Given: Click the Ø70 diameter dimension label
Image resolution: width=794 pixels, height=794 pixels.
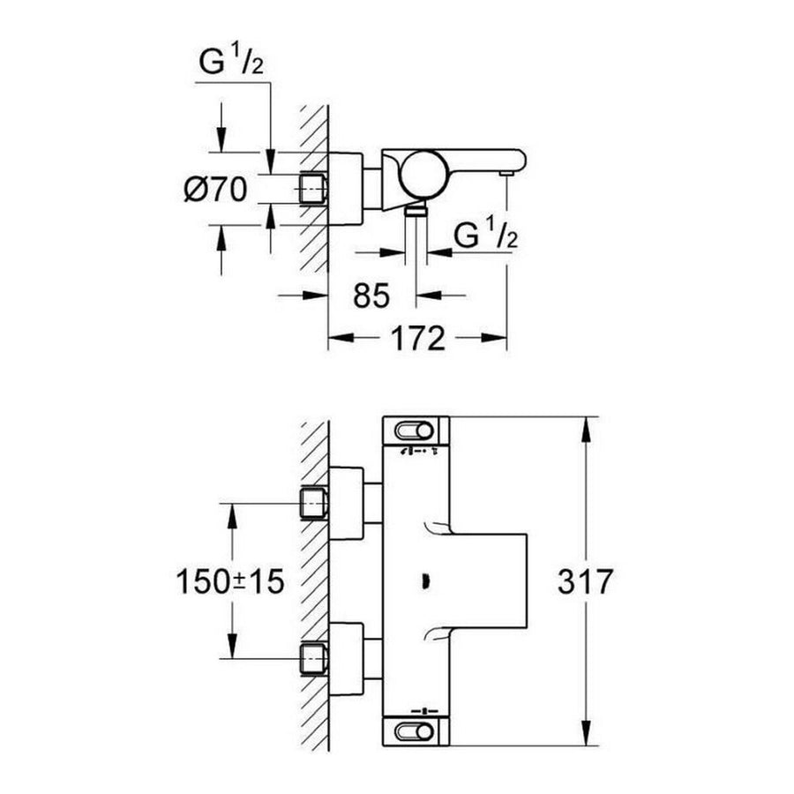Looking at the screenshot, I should [x=215, y=189].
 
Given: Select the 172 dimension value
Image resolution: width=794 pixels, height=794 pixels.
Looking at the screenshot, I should [x=417, y=337].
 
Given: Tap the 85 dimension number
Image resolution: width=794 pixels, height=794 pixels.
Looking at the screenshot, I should [x=370, y=296].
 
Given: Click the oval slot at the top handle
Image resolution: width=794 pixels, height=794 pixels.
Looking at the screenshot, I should [x=416, y=431].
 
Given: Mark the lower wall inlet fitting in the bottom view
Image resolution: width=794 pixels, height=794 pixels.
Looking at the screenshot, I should [x=314, y=658].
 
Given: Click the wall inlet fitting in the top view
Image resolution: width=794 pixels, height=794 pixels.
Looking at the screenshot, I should [x=314, y=188].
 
